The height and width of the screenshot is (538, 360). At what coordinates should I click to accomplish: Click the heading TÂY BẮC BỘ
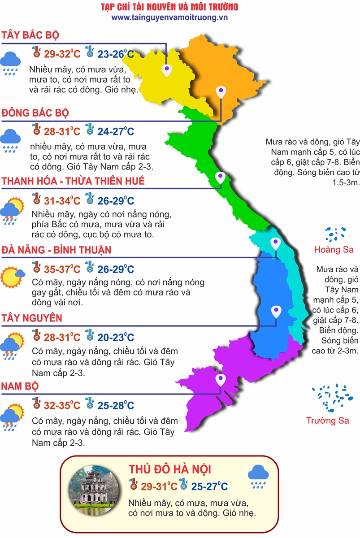click(x=30, y=36)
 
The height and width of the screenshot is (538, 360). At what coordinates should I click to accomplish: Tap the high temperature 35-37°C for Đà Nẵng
click(x=62, y=269)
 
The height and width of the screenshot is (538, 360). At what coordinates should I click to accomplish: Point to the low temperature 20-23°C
click(x=116, y=338)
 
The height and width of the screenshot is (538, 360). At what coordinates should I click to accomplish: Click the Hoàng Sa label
click(x=334, y=249)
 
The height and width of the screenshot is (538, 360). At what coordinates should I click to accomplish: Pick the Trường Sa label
click(x=327, y=421)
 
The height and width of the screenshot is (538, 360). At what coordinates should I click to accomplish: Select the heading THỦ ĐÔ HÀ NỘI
click(x=170, y=469)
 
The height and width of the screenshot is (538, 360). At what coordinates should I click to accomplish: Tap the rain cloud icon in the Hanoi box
click(x=258, y=477)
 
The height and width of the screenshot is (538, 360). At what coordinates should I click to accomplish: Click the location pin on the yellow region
click(x=167, y=69)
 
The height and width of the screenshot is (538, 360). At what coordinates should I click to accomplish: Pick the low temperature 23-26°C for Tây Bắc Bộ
click(x=116, y=55)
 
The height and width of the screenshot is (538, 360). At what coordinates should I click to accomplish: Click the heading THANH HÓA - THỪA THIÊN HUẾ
click(x=73, y=181)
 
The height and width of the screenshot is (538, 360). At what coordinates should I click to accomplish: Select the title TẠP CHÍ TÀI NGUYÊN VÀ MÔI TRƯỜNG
click(x=169, y=7)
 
